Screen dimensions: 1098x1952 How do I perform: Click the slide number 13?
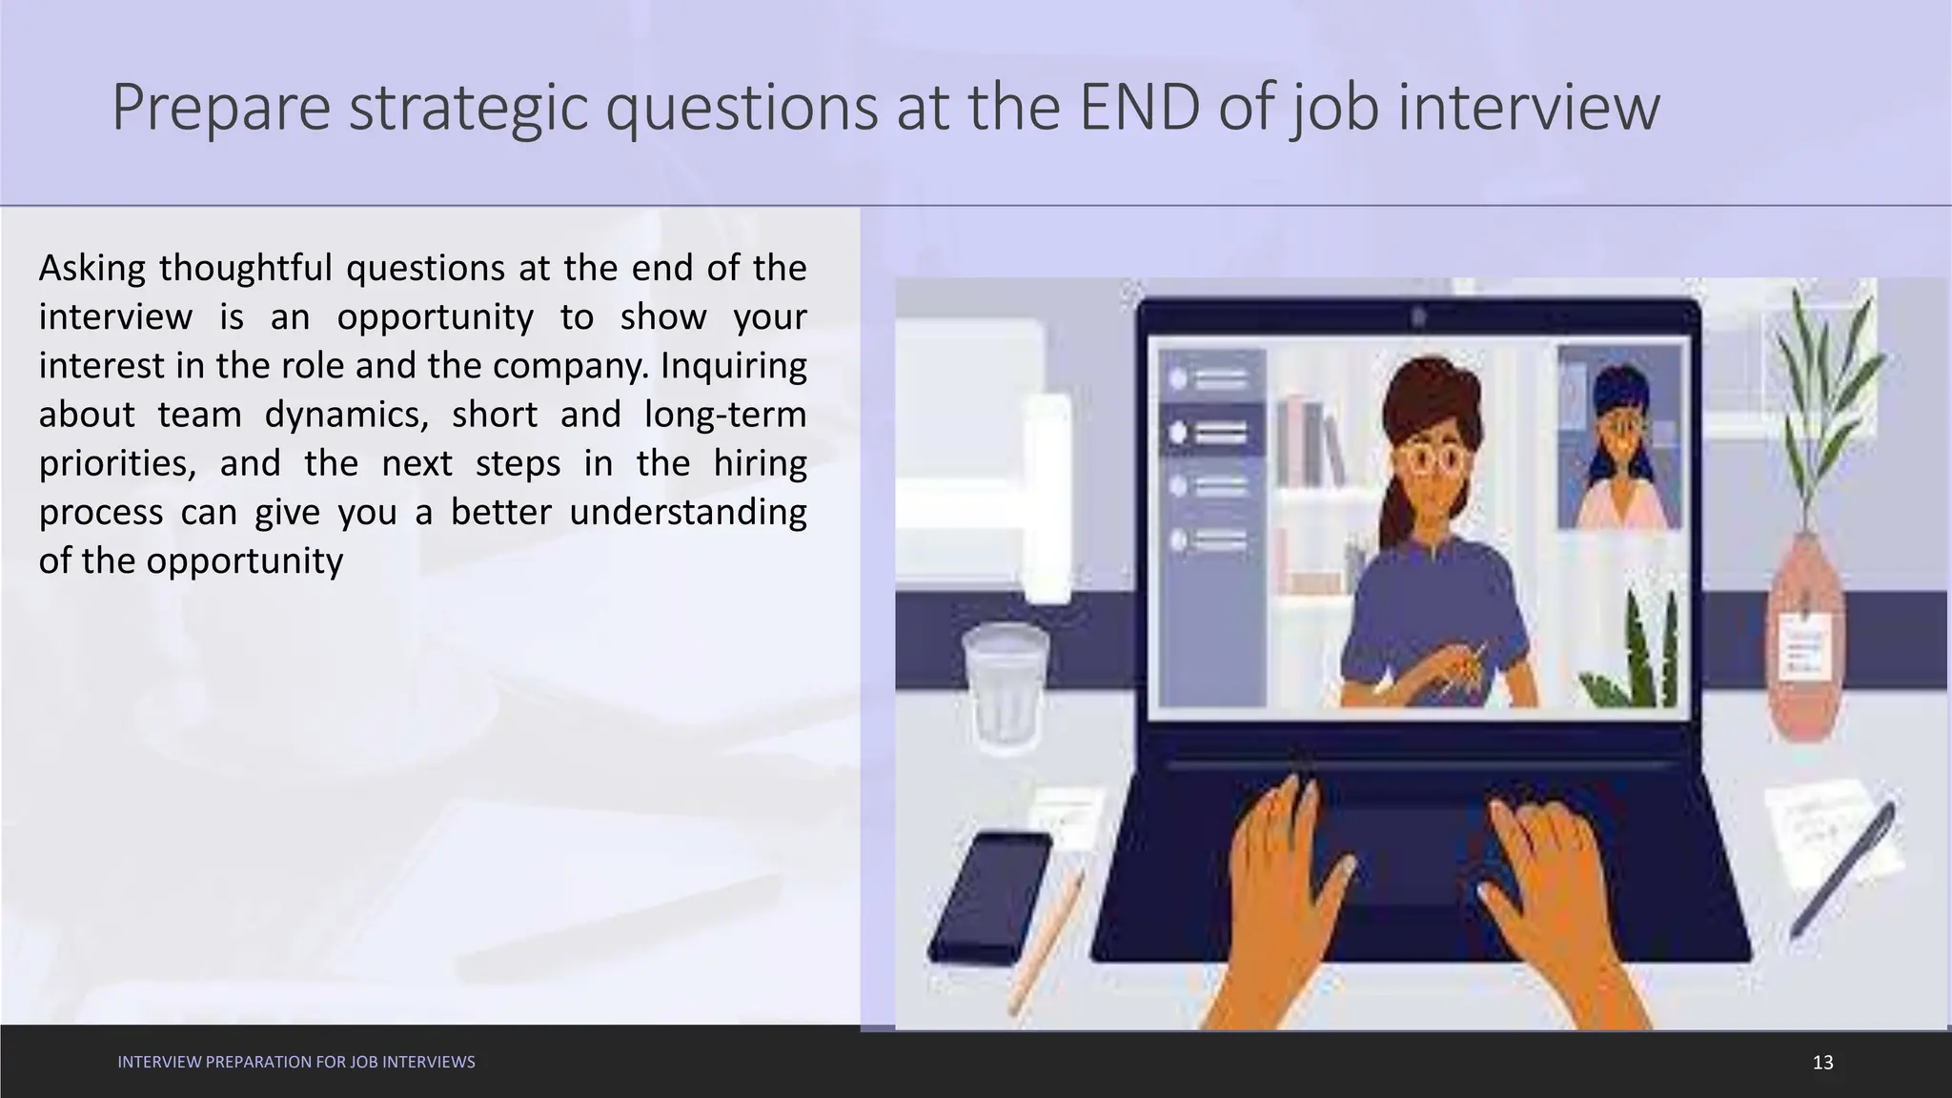tap(1822, 1062)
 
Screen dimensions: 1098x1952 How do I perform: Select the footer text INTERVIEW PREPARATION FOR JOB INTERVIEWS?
tap(296, 1062)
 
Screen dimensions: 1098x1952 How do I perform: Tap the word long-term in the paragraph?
tap(725, 415)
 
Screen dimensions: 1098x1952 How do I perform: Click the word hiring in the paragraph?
tap(760, 463)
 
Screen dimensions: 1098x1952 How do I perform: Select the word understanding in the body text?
tap(687, 512)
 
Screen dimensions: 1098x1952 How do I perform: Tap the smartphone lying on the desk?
tap(988, 896)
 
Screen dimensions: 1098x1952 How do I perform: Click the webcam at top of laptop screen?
tap(1418, 315)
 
